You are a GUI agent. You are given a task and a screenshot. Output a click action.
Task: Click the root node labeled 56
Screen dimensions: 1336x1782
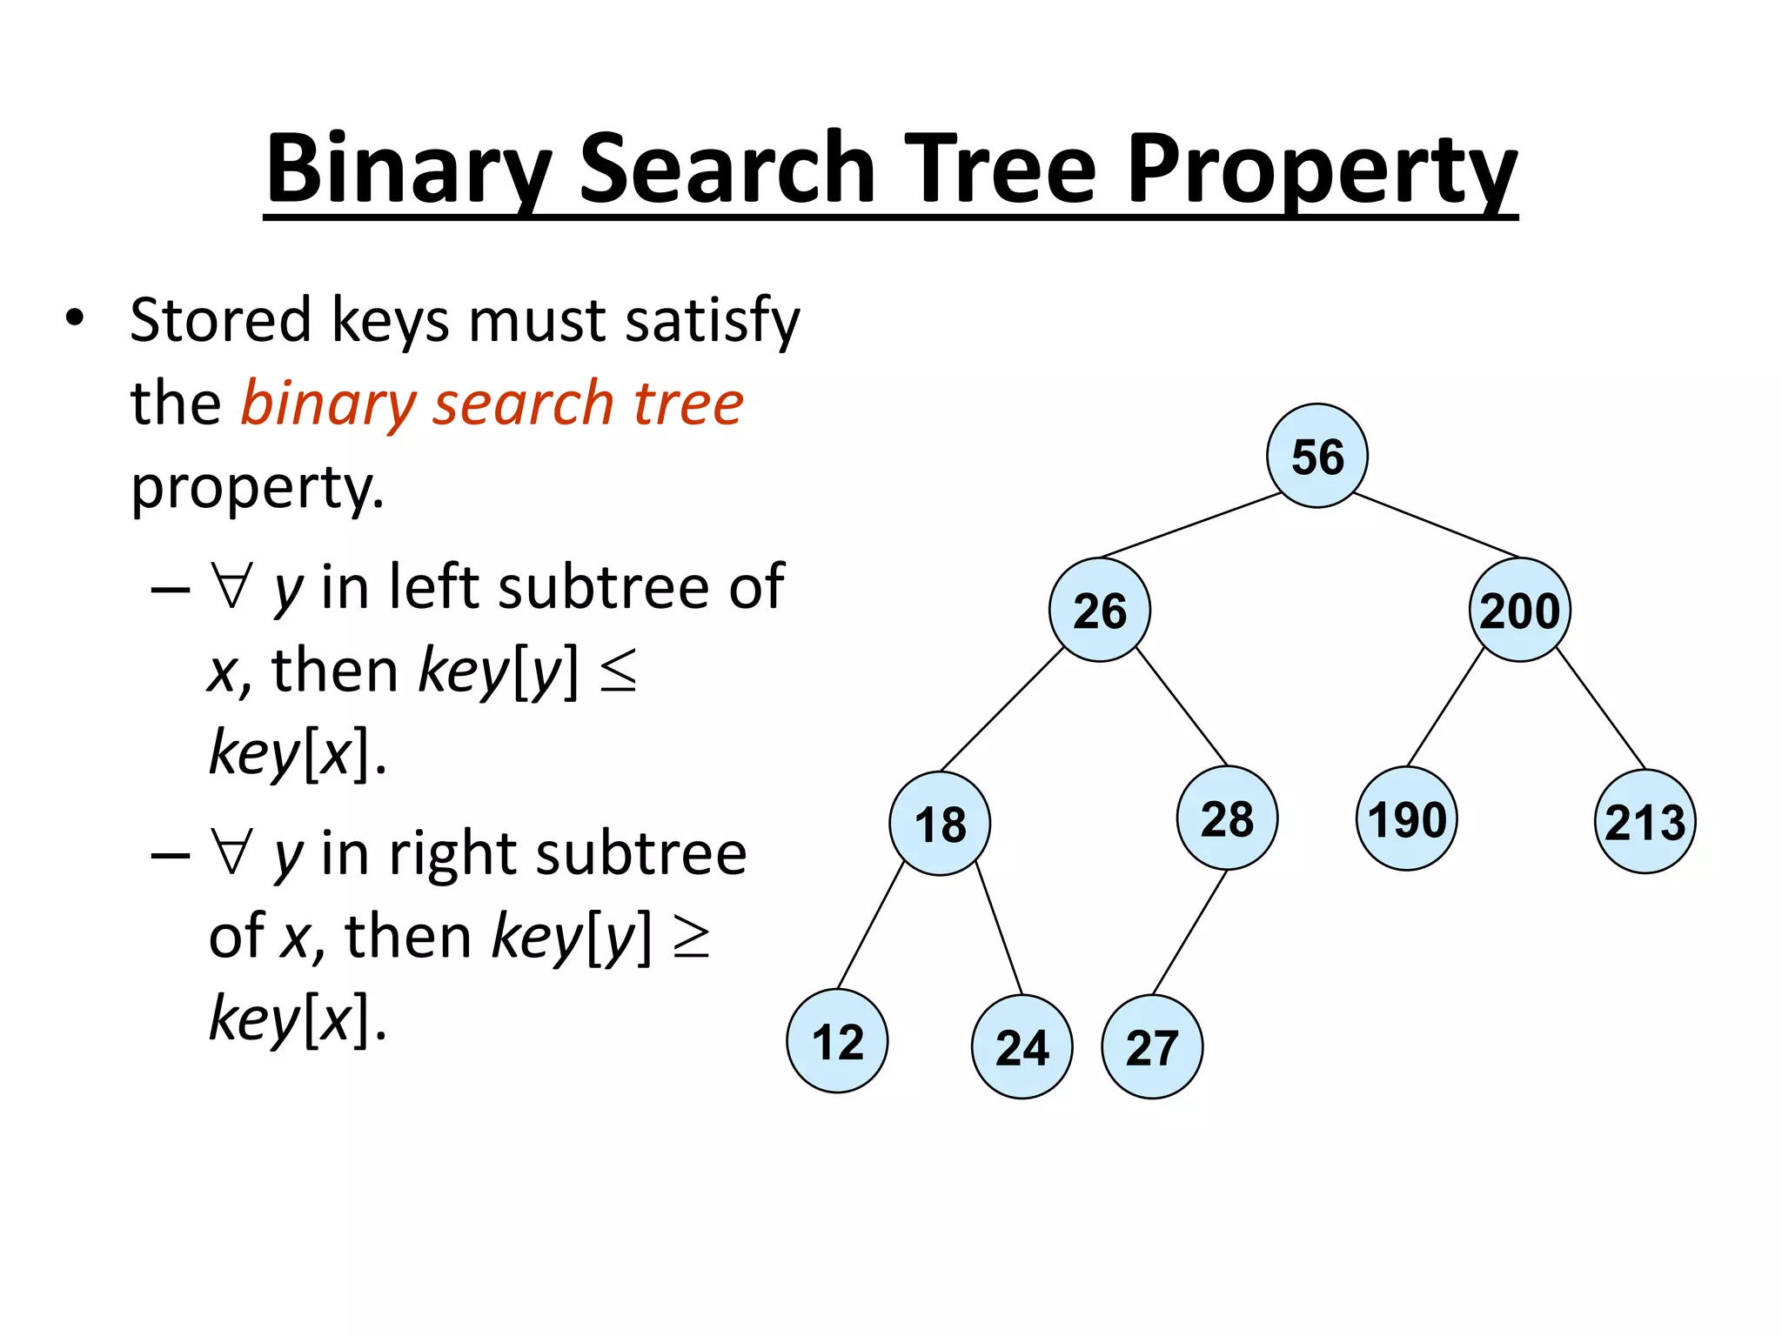tap(1316, 456)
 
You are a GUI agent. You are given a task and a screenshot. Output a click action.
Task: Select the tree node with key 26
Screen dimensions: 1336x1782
tap(1099, 610)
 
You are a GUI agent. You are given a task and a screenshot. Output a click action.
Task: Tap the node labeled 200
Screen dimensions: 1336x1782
tap(1519, 610)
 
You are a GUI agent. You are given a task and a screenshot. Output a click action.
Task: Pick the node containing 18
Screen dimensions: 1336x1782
tap(940, 823)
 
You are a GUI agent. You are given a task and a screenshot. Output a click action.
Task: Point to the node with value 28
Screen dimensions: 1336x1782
tap(1227, 818)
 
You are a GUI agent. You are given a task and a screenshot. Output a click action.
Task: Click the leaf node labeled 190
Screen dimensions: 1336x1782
tap(1406, 818)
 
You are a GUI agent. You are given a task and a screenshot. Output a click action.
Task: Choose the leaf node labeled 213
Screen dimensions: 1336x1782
tap(1645, 821)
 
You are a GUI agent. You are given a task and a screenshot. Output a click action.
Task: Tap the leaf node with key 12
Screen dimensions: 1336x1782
tap(837, 1040)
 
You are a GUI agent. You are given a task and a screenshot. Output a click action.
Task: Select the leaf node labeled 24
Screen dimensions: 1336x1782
tap(1022, 1046)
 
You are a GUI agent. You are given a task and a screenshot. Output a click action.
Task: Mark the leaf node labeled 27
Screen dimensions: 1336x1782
tap(1152, 1046)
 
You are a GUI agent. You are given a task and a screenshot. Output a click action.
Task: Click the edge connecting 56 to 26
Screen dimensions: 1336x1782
tap(1190, 524)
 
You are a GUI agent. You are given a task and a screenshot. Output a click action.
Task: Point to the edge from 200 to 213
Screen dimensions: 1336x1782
tap(1601, 709)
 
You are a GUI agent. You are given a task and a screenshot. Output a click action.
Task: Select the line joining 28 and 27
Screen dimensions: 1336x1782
tap(1189, 932)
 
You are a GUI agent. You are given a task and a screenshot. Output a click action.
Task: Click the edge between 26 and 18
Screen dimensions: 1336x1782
tap(1002, 709)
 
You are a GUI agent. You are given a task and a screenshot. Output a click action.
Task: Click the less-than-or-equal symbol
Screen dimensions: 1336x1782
tap(619, 672)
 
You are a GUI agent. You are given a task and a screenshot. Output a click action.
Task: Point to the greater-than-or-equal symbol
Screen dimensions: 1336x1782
tap(693, 938)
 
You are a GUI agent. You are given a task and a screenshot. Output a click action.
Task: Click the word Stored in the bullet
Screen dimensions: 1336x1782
tap(220, 320)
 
